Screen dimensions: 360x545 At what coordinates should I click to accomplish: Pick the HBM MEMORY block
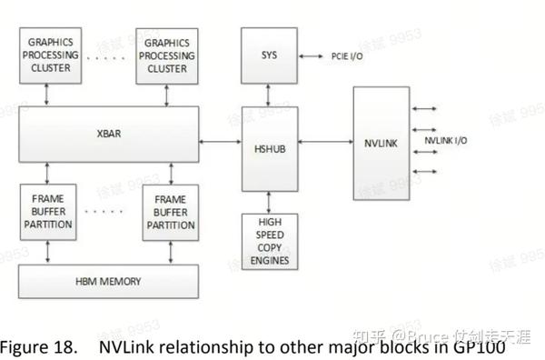pyautogui.click(x=108, y=281)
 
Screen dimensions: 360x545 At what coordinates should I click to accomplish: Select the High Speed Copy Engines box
pyautogui.click(x=270, y=241)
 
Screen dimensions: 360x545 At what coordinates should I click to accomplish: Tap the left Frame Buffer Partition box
pyautogui.click(x=46, y=211)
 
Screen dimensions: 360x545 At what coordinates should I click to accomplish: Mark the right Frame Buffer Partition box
pyautogui.click(x=169, y=211)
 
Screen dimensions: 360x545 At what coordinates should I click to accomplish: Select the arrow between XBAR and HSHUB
pyautogui.click(x=220, y=142)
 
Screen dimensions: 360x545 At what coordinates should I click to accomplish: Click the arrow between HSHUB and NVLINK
pyautogui.click(x=326, y=142)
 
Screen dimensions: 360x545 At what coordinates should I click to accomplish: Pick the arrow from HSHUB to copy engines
pyautogui.click(x=270, y=201)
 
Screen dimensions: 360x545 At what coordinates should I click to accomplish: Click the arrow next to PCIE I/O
pyautogui.click(x=312, y=56)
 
